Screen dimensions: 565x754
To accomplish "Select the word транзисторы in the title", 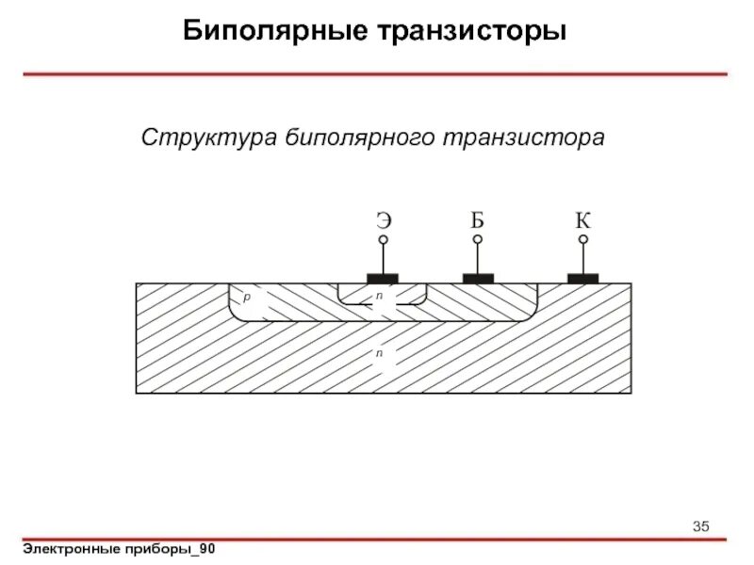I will point(473,31).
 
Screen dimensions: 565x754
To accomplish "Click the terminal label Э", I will point(384,221).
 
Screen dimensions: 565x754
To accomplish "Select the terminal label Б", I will point(478,221).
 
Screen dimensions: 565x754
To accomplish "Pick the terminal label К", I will point(583,221).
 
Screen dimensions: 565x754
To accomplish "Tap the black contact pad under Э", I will point(383,278).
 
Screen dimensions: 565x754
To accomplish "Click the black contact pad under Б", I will point(478,278).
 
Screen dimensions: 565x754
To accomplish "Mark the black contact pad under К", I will point(583,278).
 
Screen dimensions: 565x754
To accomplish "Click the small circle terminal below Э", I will point(384,240).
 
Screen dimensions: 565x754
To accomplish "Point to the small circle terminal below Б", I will point(478,240).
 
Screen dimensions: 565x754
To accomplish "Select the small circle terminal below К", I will point(583,240).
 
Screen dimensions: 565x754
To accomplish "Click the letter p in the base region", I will point(246,297).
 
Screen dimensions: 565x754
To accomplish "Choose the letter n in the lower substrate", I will point(378,352).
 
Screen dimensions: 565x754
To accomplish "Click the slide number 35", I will point(700,525).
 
